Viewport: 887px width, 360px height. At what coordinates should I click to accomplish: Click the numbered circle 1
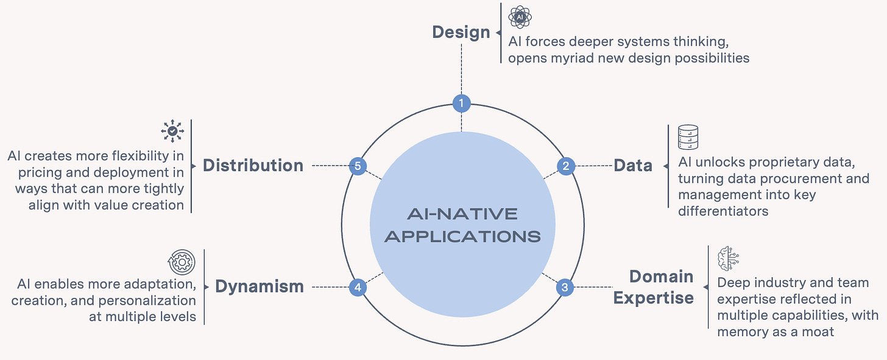pos(461,104)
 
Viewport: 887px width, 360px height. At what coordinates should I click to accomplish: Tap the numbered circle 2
pos(566,166)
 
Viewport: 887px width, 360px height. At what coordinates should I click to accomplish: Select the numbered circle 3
pos(565,287)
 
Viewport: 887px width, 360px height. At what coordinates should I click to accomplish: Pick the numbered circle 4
pos(358,287)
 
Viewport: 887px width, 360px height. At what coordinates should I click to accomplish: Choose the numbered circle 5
pos(358,166)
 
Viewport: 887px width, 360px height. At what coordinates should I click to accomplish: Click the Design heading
pos(461,32)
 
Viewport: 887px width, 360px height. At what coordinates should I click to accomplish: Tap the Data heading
pos(633,166)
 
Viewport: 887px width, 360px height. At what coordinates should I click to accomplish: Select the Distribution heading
pos(253,166)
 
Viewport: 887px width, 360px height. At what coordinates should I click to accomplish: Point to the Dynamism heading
pos(260,287)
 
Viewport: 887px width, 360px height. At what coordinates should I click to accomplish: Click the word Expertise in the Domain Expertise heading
pos(653,298)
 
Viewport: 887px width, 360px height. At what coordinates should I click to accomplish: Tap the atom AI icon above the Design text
pos(520,17)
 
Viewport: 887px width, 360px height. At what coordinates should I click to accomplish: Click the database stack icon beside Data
pos(688,138)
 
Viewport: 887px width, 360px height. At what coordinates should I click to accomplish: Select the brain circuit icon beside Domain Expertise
pos(728,258)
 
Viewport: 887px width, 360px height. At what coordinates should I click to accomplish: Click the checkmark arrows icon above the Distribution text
pos(173,131)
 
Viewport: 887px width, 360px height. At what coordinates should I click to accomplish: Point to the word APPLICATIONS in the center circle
pos(462,236)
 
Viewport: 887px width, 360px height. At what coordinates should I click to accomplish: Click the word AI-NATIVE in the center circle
pos(462,214)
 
